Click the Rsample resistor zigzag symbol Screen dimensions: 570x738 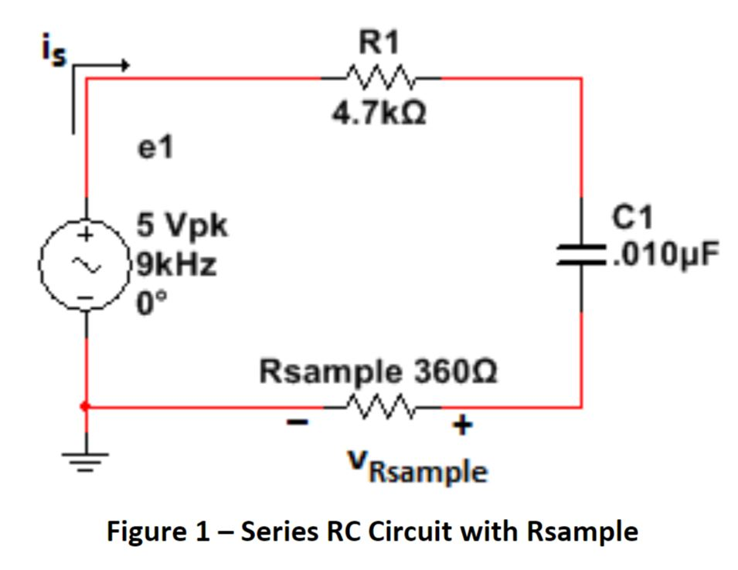(x=381, y=405)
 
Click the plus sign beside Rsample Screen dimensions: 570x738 (x=461, y=425)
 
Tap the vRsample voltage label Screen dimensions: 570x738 (x=417, y=467)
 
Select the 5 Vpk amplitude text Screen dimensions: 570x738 (x=182, y=226)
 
